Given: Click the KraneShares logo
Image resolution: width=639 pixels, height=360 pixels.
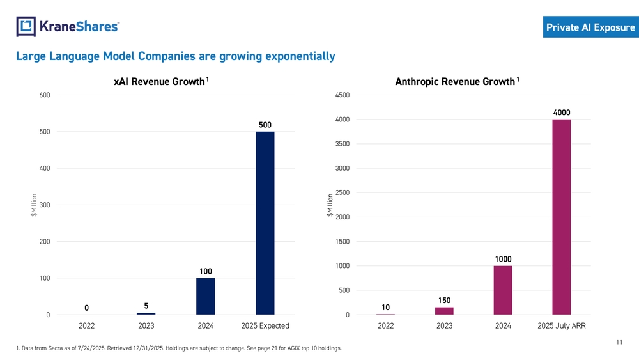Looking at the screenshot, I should pyautogui.click(x=67, y=26).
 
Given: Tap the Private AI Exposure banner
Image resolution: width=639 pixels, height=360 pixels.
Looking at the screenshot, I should pyautogui.click(x=590, y=27).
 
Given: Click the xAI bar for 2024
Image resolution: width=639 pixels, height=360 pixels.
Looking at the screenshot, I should pyautogui.click(x=205, y=296).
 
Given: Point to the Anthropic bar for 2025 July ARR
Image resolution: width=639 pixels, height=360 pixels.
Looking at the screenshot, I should pyautogui.click(x=562, y=217).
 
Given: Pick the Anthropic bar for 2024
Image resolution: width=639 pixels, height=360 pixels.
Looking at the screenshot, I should pyautogui.click(x=503, y=290).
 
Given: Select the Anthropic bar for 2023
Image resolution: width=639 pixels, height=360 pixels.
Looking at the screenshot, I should pyautogui.click(x=444, y=311).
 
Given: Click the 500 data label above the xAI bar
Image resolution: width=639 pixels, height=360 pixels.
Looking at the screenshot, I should pyautogui.click(x=265, y=124).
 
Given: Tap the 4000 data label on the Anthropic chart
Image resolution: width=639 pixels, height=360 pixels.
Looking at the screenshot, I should pyautogui.click(x=562, y=113).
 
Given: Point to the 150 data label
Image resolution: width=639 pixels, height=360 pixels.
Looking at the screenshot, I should pyautogui.click(x=444, y=300).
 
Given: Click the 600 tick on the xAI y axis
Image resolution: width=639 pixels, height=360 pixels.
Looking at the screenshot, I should pyautogui.click(x=45, y=95).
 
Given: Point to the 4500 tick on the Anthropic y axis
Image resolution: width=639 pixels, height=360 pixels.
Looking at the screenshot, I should pyautogui.click(x=342, y=95).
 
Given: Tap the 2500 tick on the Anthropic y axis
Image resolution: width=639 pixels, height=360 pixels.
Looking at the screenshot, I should pyautogui.click(x=342, y=193).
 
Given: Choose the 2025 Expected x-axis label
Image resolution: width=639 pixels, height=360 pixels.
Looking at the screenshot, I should pyautogui.click(x=265, y=326).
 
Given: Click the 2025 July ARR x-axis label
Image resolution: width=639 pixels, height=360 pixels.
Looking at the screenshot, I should pyautogui.click(x=562, y=326).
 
